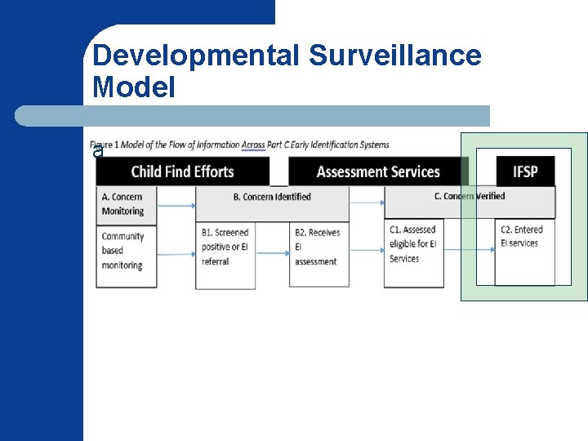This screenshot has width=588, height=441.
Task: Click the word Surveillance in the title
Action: [x=395, y=56]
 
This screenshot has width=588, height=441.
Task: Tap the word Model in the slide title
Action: [x=134, y=87]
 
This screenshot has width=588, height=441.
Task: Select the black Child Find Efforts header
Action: [x=182, y=171]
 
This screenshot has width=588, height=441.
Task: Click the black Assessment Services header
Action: [x=378, y=171]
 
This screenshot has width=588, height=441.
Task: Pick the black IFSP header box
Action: [x=525, y=171]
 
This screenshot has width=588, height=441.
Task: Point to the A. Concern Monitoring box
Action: [x=125, y=203]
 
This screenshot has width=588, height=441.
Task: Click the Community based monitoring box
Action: [x=125, y=252]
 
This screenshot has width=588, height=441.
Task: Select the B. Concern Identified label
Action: [x=272, y=197]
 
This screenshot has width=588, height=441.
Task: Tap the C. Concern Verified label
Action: [x=470, y=196]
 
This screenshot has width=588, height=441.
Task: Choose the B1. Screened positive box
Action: [x=225, y=247]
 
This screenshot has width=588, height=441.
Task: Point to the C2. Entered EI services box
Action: [x=523, y=237]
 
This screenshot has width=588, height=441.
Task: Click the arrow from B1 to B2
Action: [x=273, y=253]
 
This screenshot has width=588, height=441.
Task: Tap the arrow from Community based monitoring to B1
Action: [x=176, y=254]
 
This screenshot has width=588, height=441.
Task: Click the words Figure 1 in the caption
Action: [x=105, y=145]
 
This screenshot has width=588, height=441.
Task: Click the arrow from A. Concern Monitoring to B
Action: [x=176, y=205]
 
